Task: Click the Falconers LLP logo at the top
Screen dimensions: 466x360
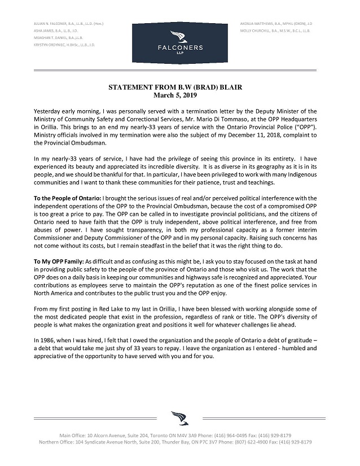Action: pyautogui.click(x=179, y=40)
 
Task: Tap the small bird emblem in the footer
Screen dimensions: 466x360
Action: pyautogui.click(x=179, y=418)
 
